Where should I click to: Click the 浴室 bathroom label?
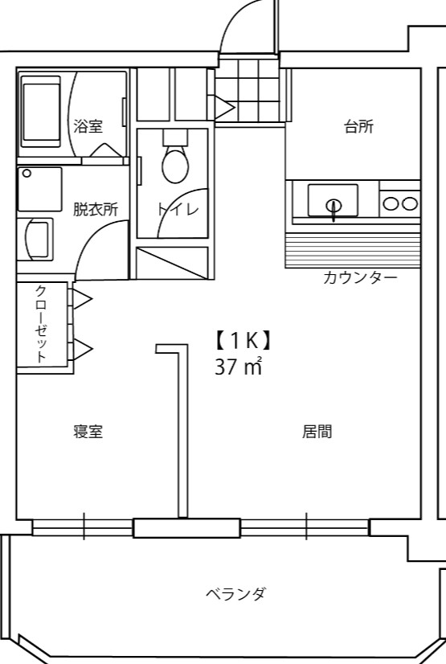pyautogui.click(x=88, y=125)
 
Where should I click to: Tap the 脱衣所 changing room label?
pyautogui.click(x=96, y=209)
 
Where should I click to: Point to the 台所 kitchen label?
pyautogui.click(x=358, y=126)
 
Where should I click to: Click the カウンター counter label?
pyautogui.click(x=360, y=278)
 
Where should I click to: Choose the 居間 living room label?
pyautogui.click(x=317, y=432)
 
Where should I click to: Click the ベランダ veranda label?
pyautogui.click(x=235, y=594)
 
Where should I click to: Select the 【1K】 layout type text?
pyautogui.click(x=241, y=341)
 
